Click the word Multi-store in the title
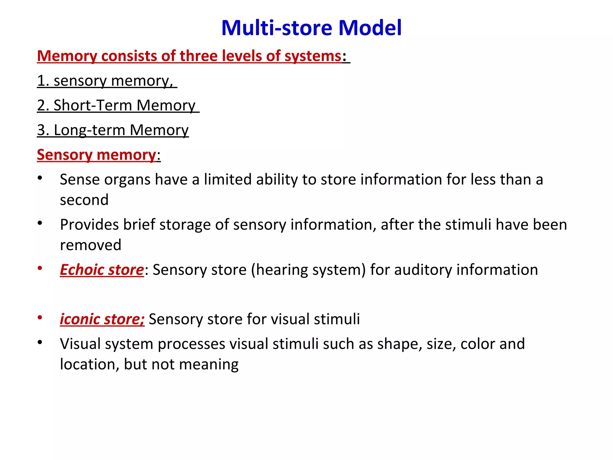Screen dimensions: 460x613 coord(277,28)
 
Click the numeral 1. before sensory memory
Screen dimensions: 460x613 coord(43,81)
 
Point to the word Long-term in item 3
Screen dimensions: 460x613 coord(89,130)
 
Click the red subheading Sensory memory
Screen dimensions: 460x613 coord(96,155)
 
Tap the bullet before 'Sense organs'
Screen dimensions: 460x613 coord(40,178)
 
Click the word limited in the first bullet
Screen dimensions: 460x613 coord(227,179)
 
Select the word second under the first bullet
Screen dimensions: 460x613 coord(84,200)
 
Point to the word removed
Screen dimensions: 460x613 coord(90,245)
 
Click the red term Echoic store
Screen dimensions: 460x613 coord(102,270)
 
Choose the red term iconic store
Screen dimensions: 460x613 coord(102,319)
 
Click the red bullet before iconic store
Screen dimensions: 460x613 coord(40,318)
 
